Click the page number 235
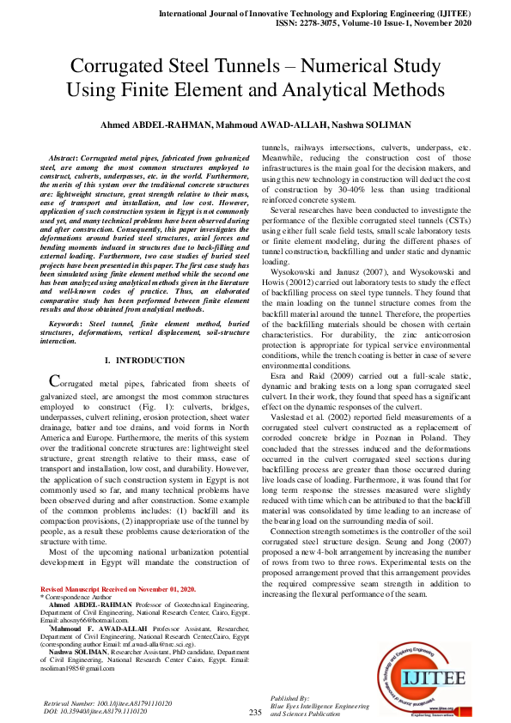point(255,713)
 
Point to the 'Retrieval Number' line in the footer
point(106,703)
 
